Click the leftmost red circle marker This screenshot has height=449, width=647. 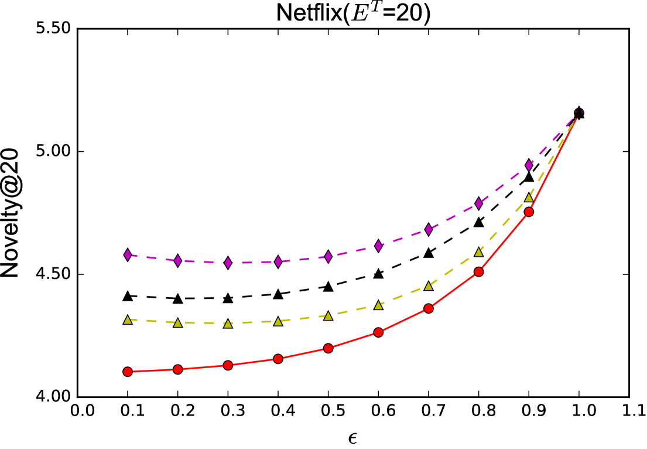(x=128, y=372)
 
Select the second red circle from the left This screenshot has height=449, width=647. (x=178, y=369)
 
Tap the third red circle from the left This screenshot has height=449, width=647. (x=228, y=365)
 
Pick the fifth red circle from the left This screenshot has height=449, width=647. (x=328, y=348)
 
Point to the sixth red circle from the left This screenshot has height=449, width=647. (x=378, y=332)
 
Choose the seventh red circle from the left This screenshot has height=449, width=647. (x=429, y=308)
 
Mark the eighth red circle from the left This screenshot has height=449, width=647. (x=479, y=272)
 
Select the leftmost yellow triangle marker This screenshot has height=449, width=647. (x=128, y=320)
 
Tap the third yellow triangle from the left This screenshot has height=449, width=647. (x=228, y=324)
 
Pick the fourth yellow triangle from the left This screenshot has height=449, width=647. (x=278, y=321)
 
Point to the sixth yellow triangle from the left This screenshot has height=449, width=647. (x=378, y=305)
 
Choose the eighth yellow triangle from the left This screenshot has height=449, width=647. (x=479, y=252)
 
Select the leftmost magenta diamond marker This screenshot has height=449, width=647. (x=128, y=255)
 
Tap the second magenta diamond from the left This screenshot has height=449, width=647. (x=178, y=261)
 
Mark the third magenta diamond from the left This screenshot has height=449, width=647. (x=228, y=263)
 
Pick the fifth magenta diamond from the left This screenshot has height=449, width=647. (x=328, y=257)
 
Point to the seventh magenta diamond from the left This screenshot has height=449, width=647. (x=429, y=229)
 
